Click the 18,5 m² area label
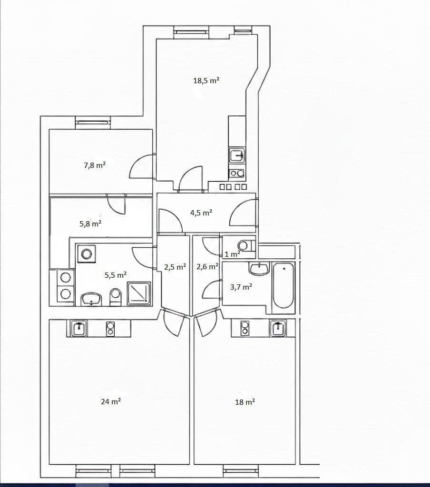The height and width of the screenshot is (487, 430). point(206,81)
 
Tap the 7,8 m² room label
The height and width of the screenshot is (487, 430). point(94,166)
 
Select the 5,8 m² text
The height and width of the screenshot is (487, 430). point(90,223)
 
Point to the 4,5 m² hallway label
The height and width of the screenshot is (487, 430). point(201,213)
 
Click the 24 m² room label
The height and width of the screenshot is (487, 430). point(110,401)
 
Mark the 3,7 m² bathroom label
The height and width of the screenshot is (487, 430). point(241,287)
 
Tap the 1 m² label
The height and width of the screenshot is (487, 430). point(233,254)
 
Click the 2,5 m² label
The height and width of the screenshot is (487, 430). point(175,267)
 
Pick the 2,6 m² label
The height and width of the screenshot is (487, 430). point(207,267)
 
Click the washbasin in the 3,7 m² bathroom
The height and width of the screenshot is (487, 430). point(259,268)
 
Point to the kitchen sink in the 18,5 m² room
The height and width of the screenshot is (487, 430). point(237,155)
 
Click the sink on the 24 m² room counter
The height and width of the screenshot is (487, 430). point(79,328)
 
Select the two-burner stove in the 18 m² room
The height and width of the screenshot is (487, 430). point(245,327)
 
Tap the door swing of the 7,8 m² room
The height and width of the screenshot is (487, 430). point(141,167)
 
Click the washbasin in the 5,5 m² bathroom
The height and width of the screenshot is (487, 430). point(91,299)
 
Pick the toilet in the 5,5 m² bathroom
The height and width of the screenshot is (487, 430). point(116,298)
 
